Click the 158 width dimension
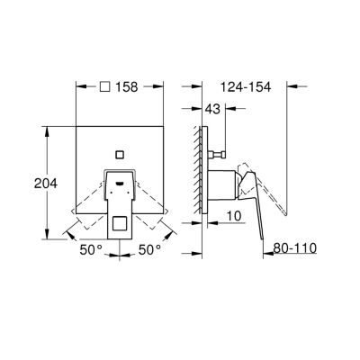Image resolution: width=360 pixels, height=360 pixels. pyautogui.click(x=127, y=87)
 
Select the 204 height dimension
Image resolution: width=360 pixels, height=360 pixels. pyautogui.click(x=46, y=184)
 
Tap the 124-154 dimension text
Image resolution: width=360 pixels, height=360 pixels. pyautogui.click(x=246, y=87)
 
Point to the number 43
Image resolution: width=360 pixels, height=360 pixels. pyautogui.click(x=212, y=109)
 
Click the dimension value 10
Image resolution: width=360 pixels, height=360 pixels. pyautogui.click(x=234, y=216)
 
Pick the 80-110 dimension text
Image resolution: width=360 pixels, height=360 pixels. pyautogui.click(x=295, y=248)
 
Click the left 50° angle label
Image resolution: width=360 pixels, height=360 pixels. pyautogui.click(x=91, y=249)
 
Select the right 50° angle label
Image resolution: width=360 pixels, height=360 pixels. pyautogui.click(x=149, y=249)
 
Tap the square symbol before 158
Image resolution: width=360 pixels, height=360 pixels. pyautogui.click(x=104, y=87)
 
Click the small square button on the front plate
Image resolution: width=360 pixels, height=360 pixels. pyautogui.click(x=120, y=155)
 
